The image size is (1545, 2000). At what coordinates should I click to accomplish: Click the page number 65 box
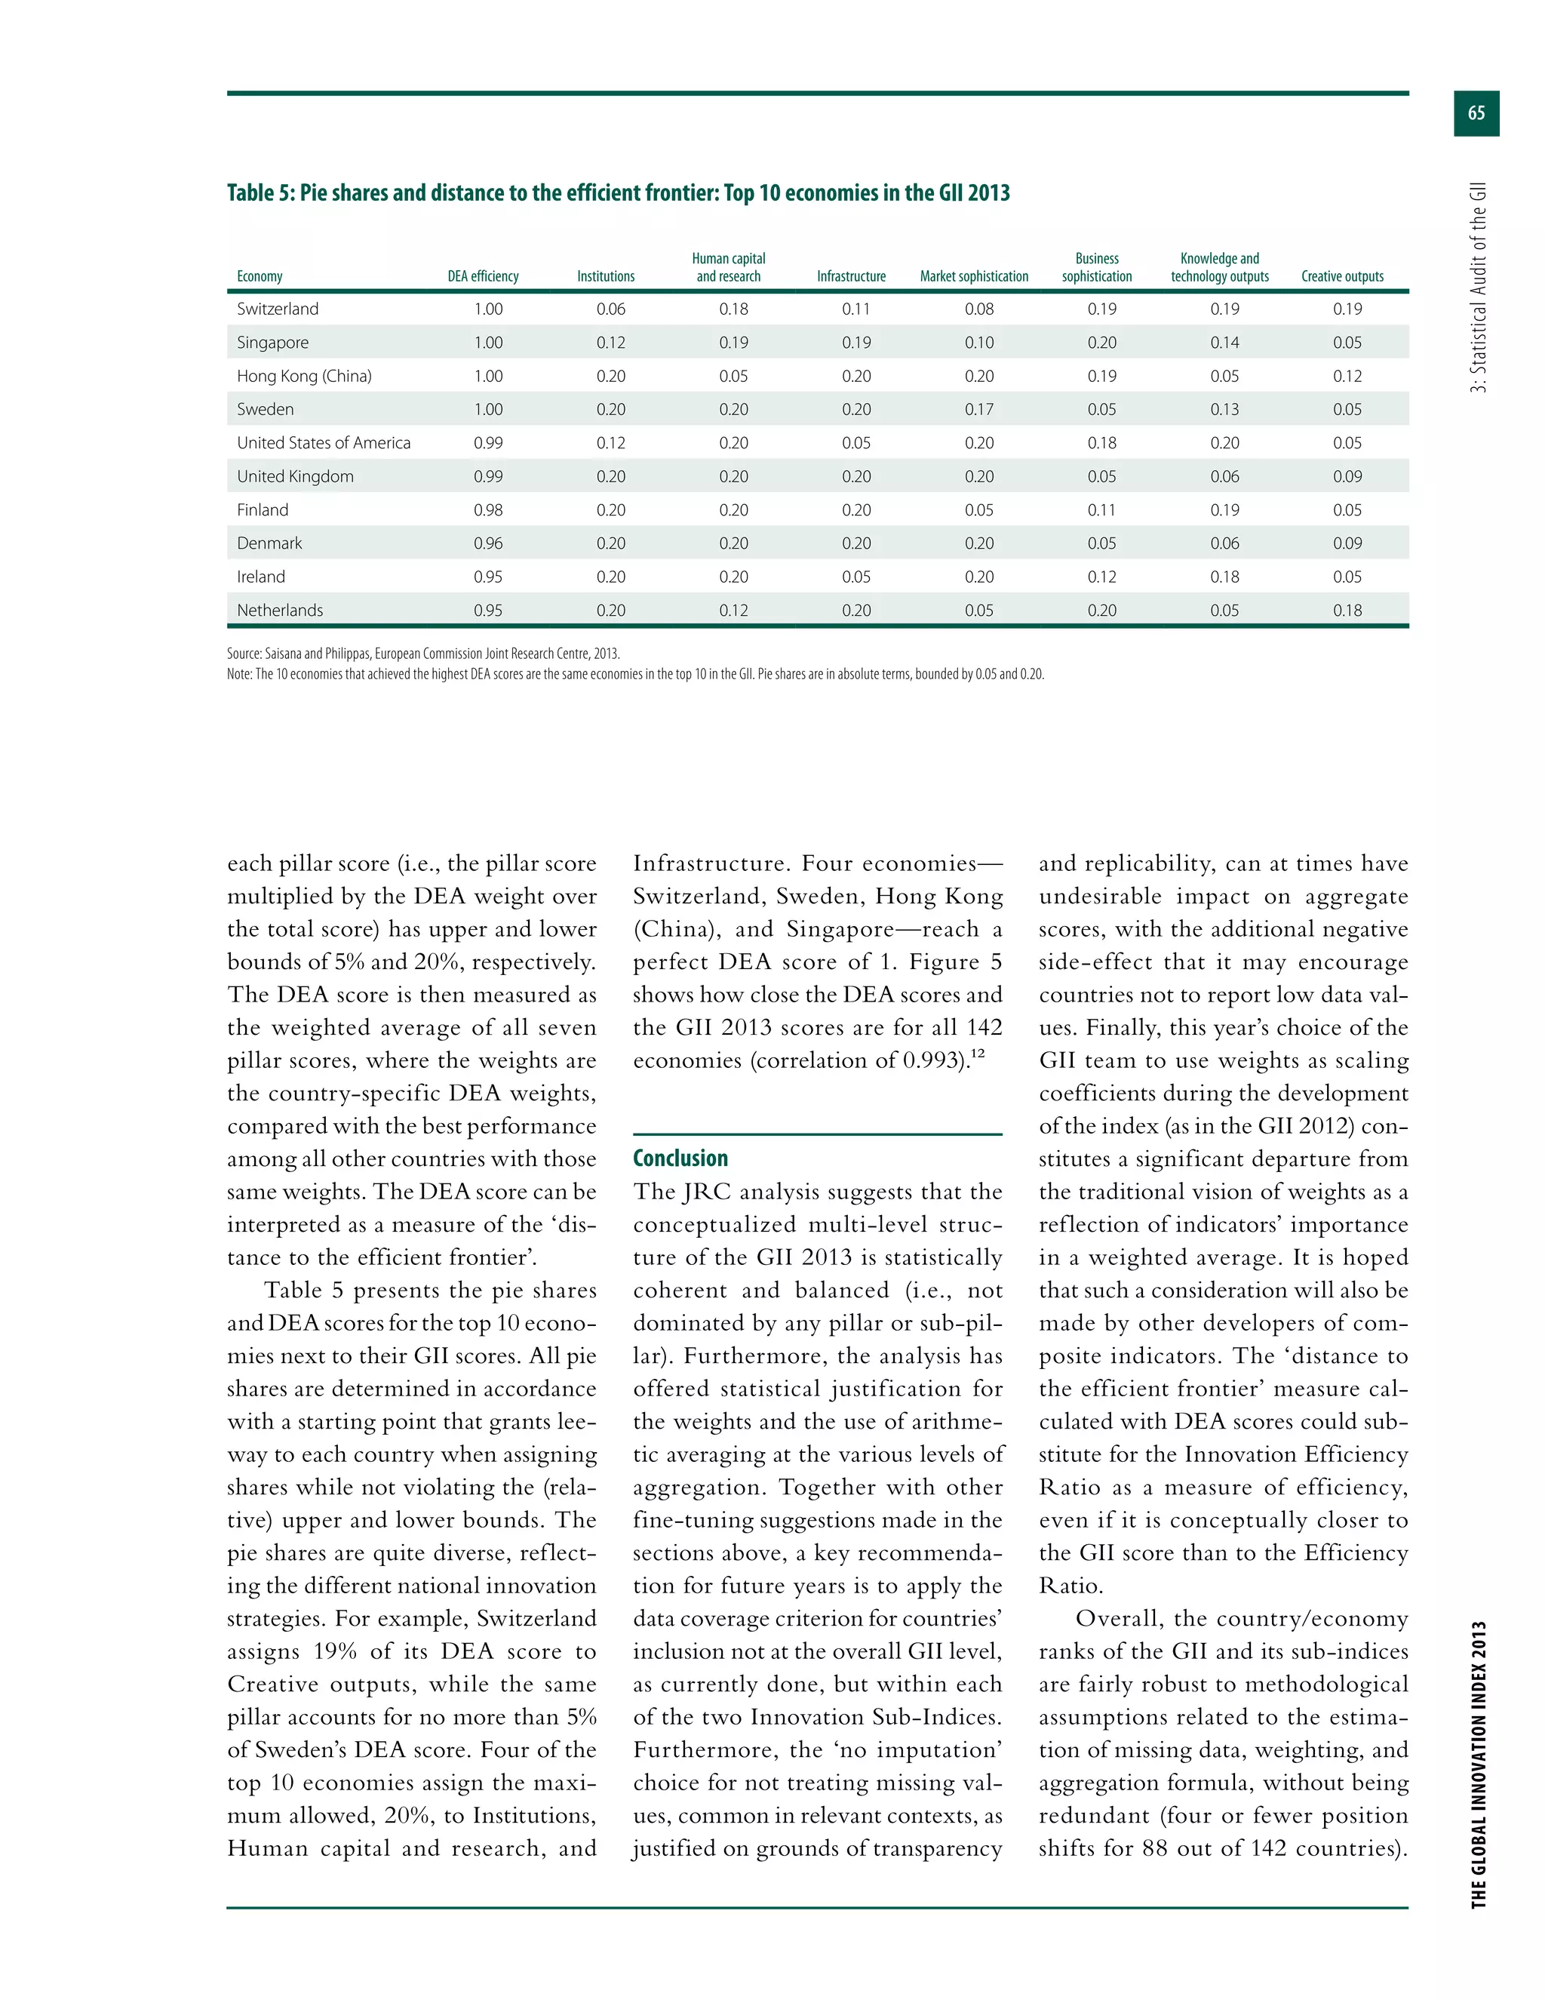point(1476,113)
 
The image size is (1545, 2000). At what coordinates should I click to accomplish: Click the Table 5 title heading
point(618,193)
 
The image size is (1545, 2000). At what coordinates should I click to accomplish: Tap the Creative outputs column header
point(1342,276)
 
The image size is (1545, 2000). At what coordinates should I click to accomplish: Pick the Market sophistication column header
point(974,276)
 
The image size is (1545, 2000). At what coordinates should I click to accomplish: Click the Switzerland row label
point(278,309)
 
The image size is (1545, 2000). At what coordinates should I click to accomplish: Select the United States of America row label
point(323,443)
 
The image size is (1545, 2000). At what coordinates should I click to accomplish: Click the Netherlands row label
point(279,611)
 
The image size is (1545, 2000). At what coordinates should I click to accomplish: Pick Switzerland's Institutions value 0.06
point(610,309)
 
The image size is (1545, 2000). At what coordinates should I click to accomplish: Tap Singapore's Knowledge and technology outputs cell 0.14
point(1224,343)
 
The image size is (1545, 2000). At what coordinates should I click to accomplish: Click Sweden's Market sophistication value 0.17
point(978,409)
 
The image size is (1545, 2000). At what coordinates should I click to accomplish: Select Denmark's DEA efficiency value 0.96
point(488,543)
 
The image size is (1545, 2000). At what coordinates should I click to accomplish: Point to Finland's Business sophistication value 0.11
point(1101,510)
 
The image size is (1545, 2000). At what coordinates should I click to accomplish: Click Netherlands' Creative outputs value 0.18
point(1347,611)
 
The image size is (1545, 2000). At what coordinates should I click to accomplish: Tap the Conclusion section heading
point(680,1158)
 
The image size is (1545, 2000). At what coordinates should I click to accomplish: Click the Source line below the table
point(423,654)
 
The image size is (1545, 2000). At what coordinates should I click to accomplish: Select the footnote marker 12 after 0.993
point(978,1054)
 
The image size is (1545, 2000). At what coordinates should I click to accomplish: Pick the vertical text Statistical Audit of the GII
point(1478,288)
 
